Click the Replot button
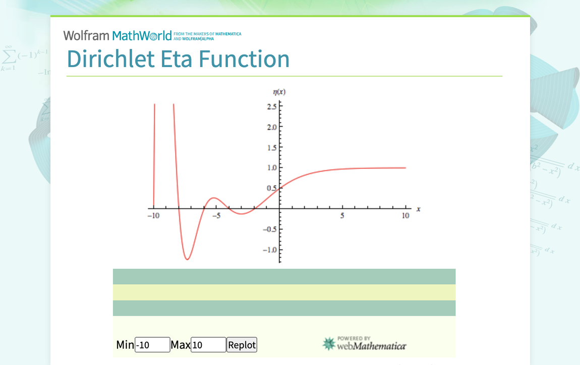[242, 345]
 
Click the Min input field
[152, 345]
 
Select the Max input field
[208, 345]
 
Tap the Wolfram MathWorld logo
[118, 35]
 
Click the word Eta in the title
[176, 59]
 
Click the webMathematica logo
[364, 344]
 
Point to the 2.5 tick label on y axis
[271, 106]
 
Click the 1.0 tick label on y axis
[271, 167]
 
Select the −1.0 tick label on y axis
[270, 250]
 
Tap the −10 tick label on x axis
[153, 216]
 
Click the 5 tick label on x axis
[342, 216]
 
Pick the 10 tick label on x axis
[405, 216]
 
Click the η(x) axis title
[279, 92]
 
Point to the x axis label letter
[419, 209]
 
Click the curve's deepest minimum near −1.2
[187, 259]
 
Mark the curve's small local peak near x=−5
[214, 198]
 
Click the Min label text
[125, 345]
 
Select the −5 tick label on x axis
[216, 216]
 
